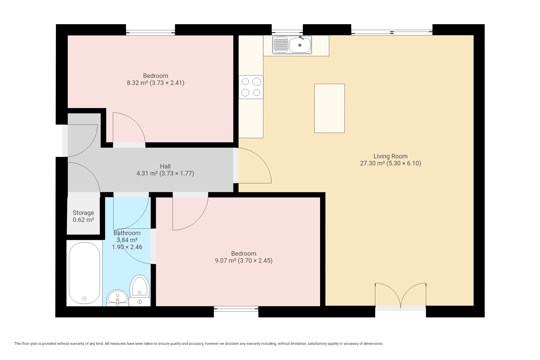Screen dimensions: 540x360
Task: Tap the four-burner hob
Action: (251, 87)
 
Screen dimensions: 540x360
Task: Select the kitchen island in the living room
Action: (329, 108)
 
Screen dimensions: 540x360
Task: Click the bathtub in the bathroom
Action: (84, 273)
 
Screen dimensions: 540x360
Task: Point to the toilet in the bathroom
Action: (140, 291)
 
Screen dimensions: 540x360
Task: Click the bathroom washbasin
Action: (117, 298)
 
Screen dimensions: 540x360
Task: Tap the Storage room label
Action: (83, 213)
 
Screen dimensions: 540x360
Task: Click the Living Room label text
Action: (390, 156)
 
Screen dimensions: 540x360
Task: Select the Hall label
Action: (165, 166)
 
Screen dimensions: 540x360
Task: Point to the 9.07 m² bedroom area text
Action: (225, 260)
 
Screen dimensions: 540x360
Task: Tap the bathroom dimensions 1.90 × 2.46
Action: (127, 247)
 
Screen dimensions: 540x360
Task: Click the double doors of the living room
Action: (400, 295)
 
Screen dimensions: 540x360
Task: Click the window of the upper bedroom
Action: (150, 32)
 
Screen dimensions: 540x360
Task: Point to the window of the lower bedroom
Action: (236, 309)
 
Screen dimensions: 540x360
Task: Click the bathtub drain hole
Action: (84, 299)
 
